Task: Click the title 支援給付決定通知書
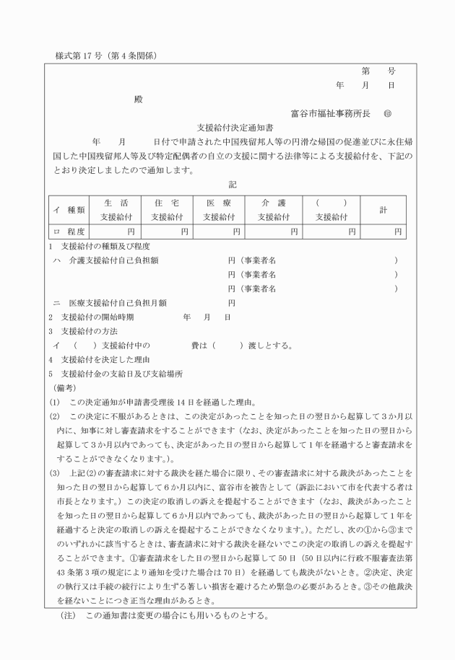click(x=227, y=127)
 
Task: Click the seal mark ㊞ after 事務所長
click(x=388, y=113)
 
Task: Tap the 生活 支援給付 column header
click(x=116, y=209)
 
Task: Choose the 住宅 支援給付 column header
click(x=168, y=209)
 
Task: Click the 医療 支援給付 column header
click(x=220, y=209)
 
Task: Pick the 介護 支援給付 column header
click(x=274, y=209)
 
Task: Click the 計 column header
click(x=383, y=209)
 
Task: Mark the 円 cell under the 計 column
click(x=397, y=232)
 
